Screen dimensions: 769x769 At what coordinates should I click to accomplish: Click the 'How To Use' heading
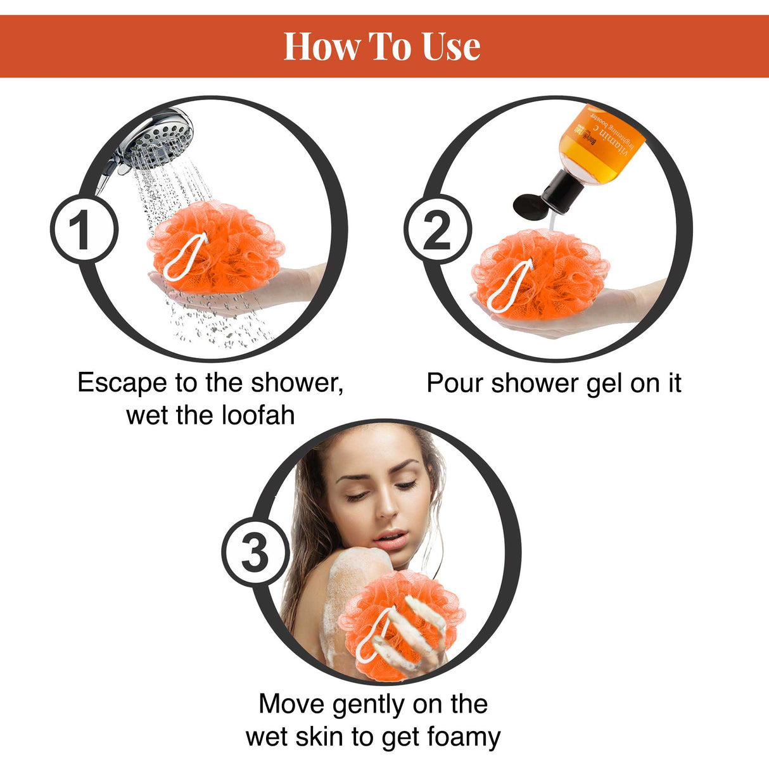click(x=382, y=47)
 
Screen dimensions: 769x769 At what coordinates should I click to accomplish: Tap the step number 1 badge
click(x=83, y=229)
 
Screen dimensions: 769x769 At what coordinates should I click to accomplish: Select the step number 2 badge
click(x=437, y=229)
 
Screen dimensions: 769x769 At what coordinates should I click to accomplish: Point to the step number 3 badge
click(x=255, y=552)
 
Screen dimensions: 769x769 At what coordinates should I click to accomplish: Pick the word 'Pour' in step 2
click(x=455, y=383)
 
